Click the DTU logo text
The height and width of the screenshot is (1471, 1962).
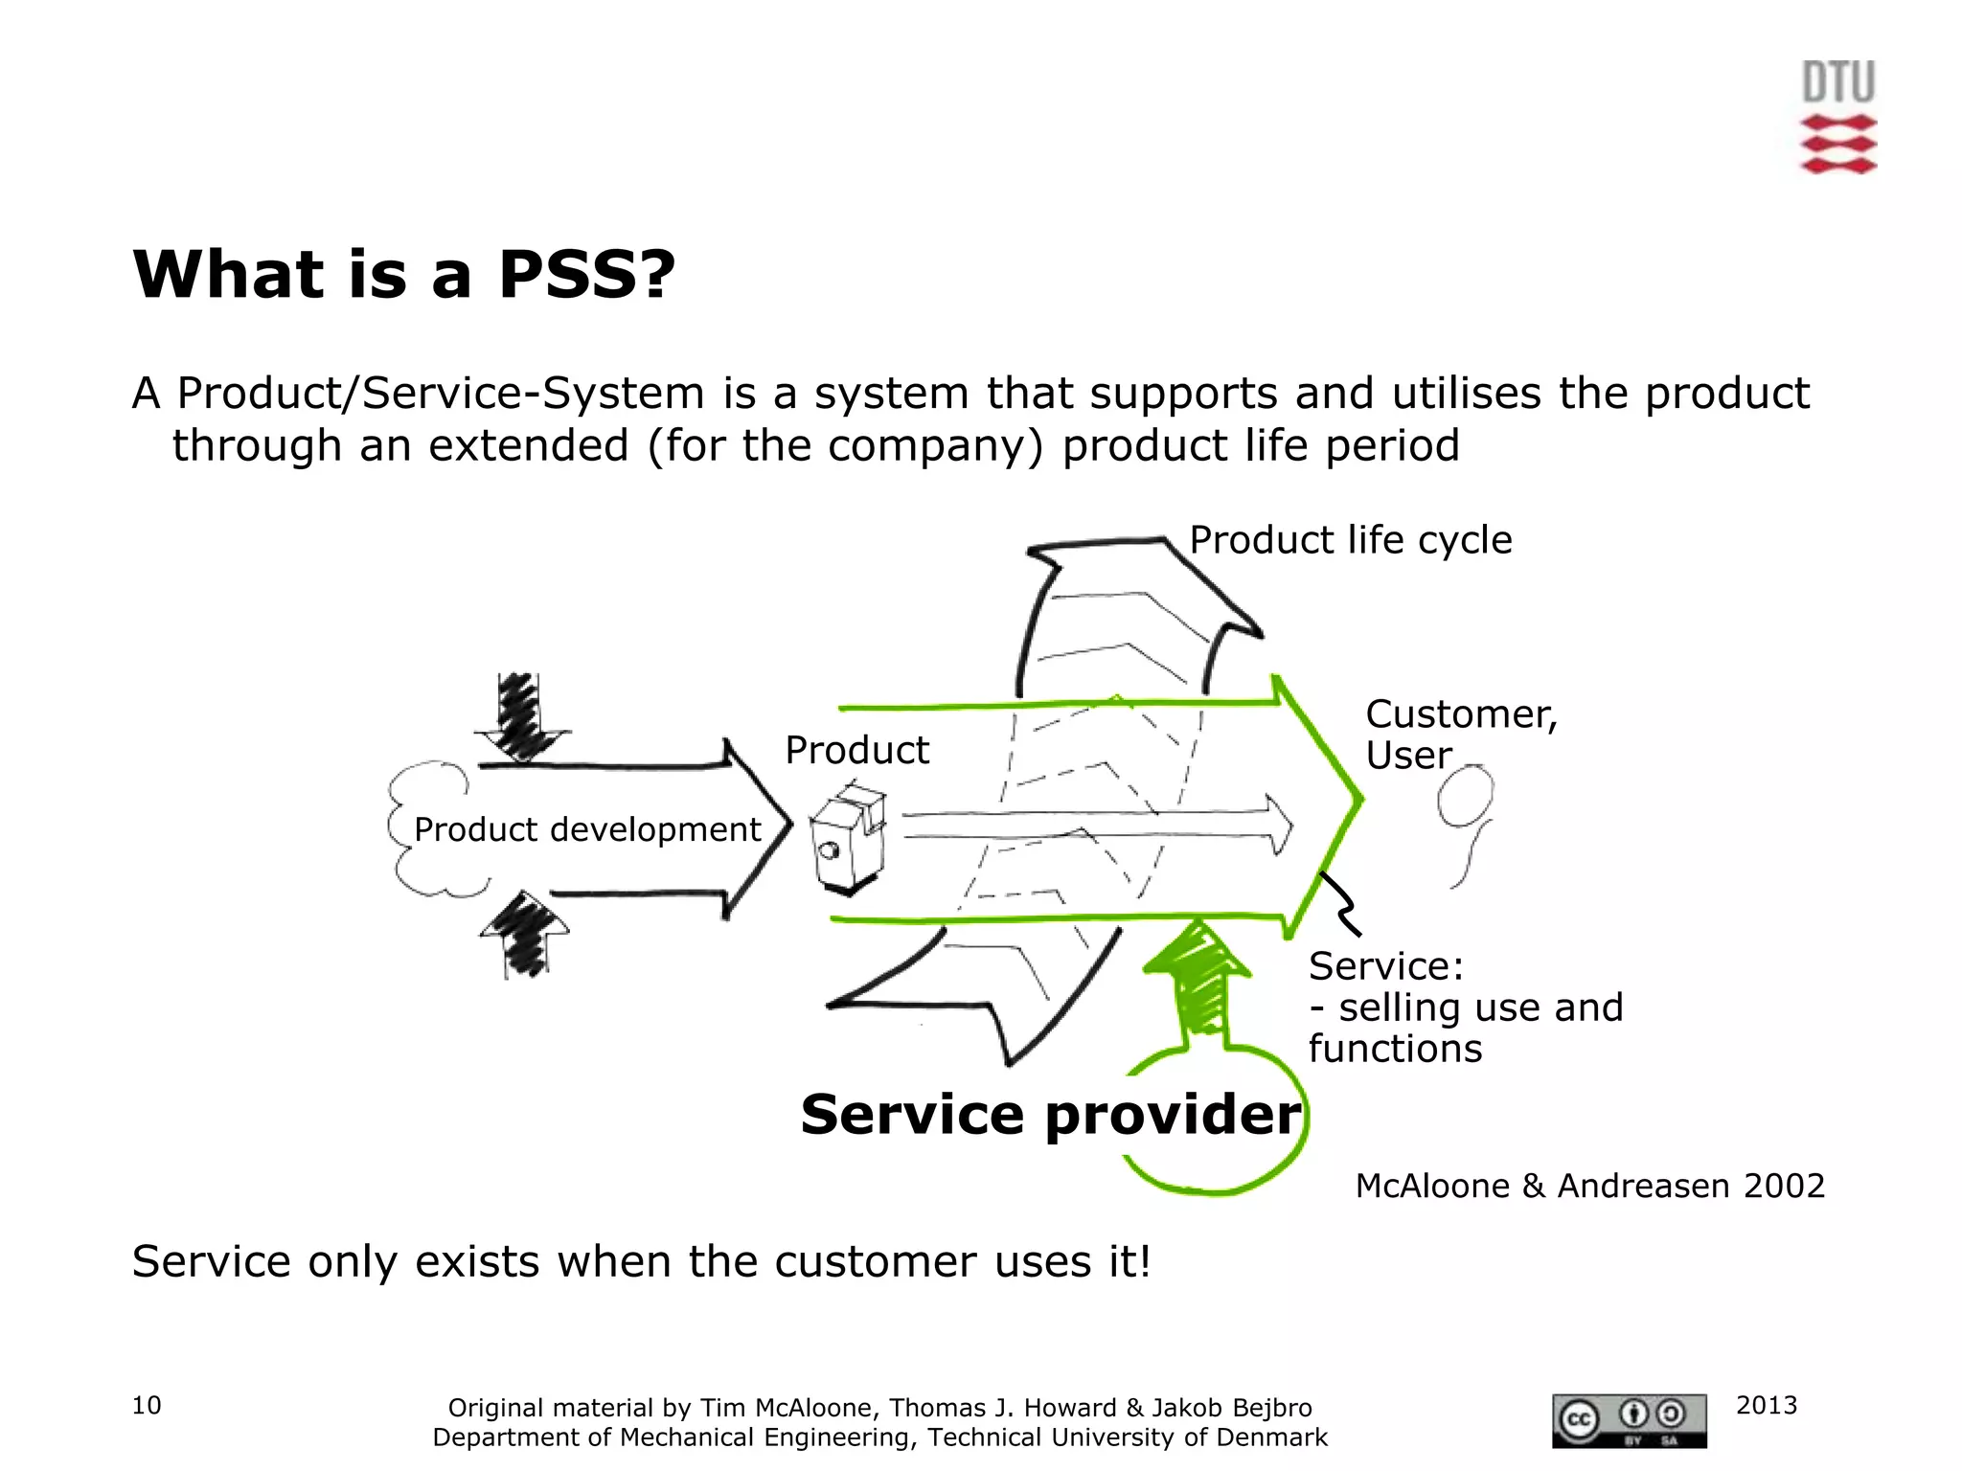1837,82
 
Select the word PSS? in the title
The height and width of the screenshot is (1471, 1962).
586,275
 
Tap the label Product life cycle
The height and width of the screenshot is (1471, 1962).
1350,540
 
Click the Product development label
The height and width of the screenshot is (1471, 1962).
587,829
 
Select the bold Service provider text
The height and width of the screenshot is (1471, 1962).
1050,1115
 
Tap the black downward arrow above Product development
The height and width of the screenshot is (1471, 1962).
522,715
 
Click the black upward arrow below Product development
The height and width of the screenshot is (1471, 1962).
524,934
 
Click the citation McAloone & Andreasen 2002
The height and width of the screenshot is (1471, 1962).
1589,1186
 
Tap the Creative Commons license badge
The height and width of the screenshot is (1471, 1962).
1629,1420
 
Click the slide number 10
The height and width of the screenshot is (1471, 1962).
147,1405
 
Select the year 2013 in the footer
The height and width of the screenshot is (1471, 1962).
1766,1405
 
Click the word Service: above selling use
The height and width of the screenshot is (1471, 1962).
1385,966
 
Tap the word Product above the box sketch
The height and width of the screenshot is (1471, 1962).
856,750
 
